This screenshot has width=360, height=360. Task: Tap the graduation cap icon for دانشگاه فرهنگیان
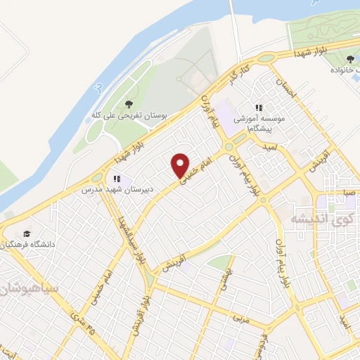pos(27,233)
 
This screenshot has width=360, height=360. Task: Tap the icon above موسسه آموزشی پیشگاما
pos(258,108)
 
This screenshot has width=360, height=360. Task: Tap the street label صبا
pos(348,191)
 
